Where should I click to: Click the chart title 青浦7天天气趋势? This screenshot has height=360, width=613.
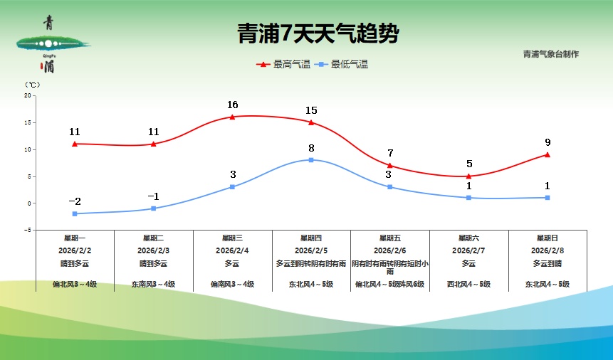coord(318,33)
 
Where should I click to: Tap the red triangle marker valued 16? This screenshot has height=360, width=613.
coord(232,117)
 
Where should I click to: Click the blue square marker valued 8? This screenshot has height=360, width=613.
coord(311,160)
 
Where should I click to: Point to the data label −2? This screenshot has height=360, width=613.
coord(75,201)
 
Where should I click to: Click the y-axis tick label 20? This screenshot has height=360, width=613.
coord(28,95)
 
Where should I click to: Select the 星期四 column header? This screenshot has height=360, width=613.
coord(311,238)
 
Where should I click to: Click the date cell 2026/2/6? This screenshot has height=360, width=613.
coord(390,250)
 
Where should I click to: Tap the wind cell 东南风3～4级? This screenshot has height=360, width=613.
coord(154,285)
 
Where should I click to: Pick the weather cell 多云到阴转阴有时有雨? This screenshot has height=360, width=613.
coord(311,263)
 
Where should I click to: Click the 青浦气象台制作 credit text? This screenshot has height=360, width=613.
coord(550,54)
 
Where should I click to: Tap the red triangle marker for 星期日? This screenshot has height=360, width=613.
coord(547,154)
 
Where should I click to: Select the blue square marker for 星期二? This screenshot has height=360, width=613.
coord(154,208)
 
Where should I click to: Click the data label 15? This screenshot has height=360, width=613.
coord(311,110)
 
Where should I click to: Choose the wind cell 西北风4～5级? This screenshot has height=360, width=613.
coord(468,285)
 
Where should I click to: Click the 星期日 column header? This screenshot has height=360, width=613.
coord(547,238)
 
